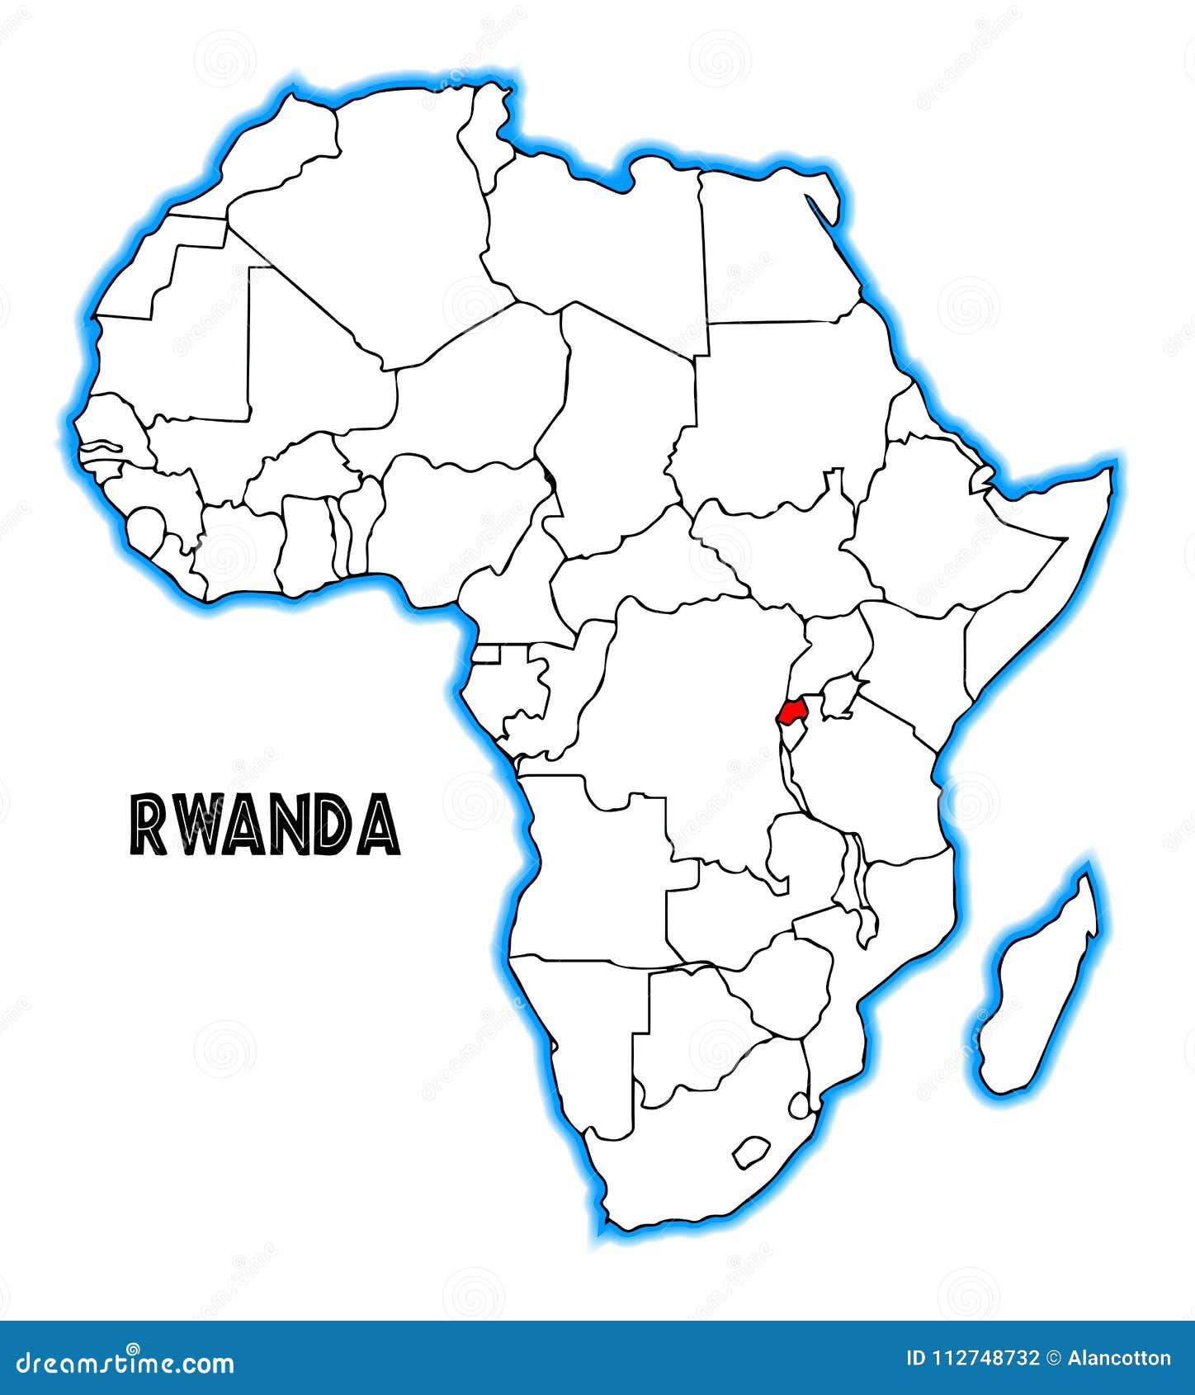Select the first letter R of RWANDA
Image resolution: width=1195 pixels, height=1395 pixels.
(146, 826)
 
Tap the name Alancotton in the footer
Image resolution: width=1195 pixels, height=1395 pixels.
(1119, 1359)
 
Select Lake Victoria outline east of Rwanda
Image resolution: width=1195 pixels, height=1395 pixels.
(838, 695)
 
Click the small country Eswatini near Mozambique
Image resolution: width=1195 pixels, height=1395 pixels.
(799, 1104)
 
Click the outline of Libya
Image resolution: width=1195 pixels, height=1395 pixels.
(594, 239)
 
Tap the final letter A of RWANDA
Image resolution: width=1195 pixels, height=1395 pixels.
(380, 826)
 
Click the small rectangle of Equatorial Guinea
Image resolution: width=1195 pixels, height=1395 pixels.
(487, 655)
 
